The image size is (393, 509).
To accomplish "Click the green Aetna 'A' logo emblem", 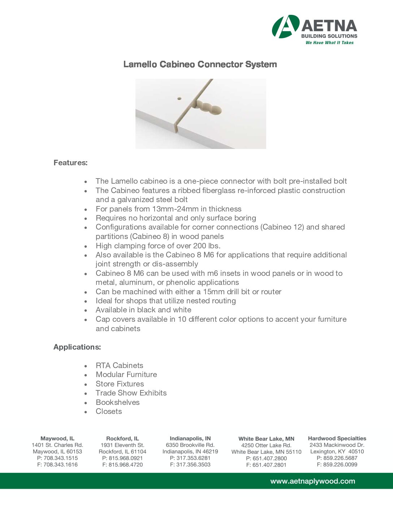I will click(285, 27).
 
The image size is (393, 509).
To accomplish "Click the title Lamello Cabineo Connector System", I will click(200, 64).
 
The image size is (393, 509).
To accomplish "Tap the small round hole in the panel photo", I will click(179, 98).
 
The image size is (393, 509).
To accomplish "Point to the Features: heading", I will click(70, 163).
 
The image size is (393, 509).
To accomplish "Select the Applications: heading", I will click(77, 347).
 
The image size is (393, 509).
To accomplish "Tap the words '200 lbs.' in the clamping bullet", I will click(207, 246).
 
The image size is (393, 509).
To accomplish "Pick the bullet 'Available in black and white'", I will click(143, 310).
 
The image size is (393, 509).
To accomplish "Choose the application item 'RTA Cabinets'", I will click(119, 365).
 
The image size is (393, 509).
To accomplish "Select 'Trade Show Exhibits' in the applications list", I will click(131, 393).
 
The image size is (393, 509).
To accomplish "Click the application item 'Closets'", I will click(109, 411).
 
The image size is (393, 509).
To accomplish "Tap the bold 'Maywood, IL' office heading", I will click(57, 439).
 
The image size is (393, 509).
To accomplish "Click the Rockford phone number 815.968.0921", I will click(122, 458).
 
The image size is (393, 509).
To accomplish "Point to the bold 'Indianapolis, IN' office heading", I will click(190, 439).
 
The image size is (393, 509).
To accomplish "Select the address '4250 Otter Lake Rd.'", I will click(266, 445).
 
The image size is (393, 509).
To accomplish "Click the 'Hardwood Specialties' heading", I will click(337, 439).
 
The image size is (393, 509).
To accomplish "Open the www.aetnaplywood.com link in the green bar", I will click(312, 481).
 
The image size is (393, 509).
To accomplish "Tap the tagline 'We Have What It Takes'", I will click(329, 43).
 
